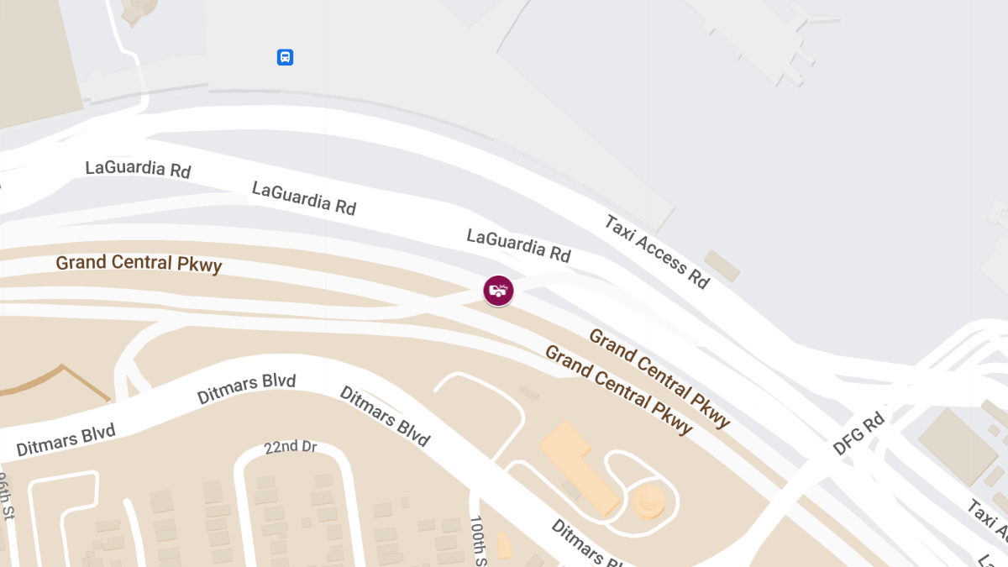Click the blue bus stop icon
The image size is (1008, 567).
(286, 57)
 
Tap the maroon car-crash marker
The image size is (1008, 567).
(499, 291)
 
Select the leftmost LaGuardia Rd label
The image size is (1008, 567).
(139, 168)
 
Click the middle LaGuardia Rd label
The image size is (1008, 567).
(304, 198)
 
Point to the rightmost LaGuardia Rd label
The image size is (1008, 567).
(519, 244)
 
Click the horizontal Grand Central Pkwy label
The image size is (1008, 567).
(139, 264)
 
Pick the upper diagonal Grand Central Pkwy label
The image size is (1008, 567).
(659, 378)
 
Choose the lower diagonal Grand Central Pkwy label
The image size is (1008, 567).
(619, 389)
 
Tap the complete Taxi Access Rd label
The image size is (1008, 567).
(657, 251)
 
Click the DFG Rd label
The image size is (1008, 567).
(858, 433)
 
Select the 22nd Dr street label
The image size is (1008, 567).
(290, 446)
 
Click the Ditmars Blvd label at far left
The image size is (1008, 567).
(66, 440)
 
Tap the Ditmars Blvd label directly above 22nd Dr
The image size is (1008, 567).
(246, 390)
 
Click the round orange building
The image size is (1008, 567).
(648, 501)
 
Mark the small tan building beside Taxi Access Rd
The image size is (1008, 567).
(722, 265)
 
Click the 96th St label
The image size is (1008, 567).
(7, 496)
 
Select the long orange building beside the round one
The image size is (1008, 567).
(580, 467)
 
